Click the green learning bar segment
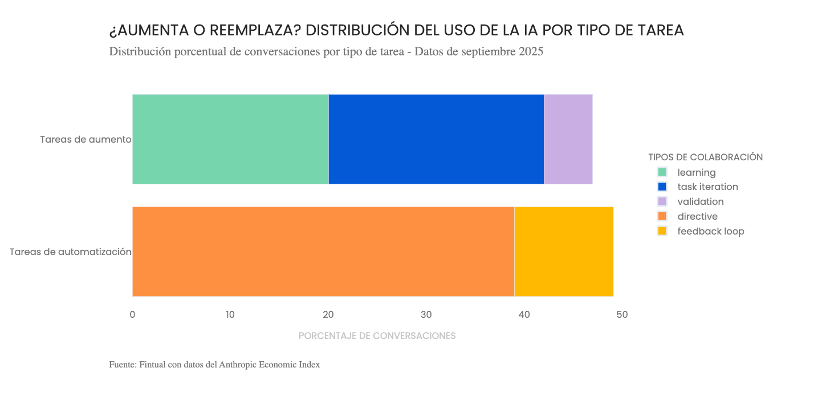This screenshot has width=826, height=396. tap(230, 139)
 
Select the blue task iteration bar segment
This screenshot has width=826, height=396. tap(436, 139)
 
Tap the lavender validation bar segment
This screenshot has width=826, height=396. tap(568, 139)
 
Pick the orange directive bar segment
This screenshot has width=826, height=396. tap(323, 252)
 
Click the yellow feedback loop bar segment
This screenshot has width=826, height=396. tap(563, 252)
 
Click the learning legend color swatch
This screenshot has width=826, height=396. tap(662, 172)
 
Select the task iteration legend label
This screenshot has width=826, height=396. tap(707, 187)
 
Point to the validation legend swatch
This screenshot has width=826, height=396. tap(662, 201)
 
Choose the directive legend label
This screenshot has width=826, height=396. tap(697, 216)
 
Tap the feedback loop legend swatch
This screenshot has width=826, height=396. tap(662, 231)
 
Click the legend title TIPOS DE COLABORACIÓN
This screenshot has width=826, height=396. tap(705, 157)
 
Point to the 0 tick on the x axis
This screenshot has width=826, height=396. tap(132, 314)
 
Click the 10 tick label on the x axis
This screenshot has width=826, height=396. tap(230, 314)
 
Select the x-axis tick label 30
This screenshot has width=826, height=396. tap(426, 314)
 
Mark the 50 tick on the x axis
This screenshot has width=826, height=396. tap(622, 314)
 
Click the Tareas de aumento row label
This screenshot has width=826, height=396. tap(86, 139)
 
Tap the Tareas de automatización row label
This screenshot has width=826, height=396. tap(71, 252)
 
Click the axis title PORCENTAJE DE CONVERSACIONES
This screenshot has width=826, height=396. tap(377, 336)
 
